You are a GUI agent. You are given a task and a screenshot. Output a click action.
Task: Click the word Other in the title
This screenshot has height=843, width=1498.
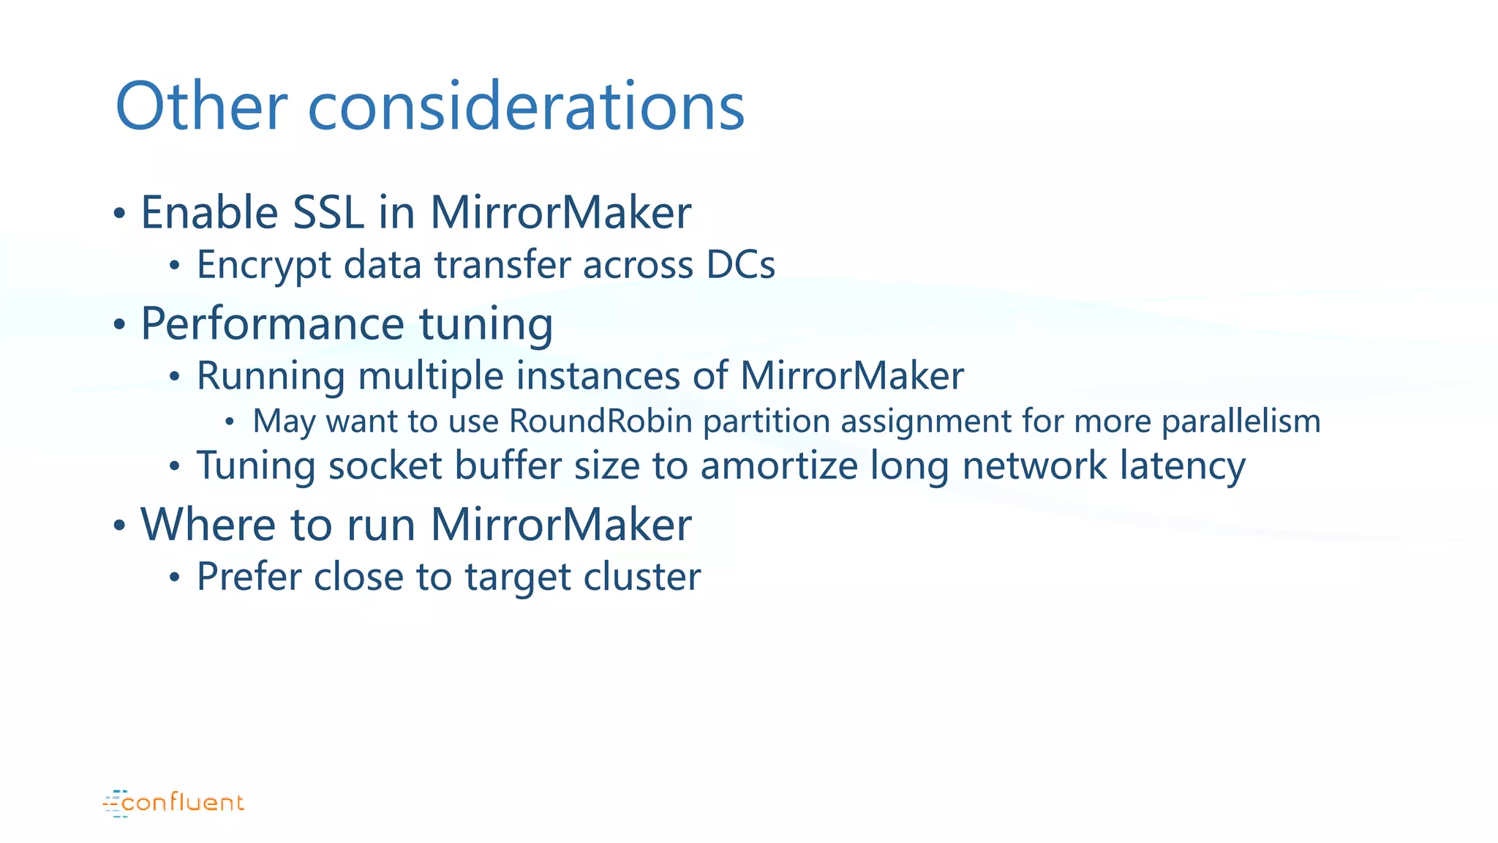[x=201, y=107]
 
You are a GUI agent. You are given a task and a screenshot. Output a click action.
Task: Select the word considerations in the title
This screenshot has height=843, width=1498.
[x=526, y=107]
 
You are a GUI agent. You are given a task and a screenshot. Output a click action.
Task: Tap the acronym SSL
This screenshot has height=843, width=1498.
[x=328, y=213]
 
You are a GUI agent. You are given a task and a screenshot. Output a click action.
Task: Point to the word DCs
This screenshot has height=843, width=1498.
[x=740, y=265]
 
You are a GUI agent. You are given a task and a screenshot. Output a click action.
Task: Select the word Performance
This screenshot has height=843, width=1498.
[x=272, y=324]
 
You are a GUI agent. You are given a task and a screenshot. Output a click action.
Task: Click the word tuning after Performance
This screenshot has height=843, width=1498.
[x=486, y=324]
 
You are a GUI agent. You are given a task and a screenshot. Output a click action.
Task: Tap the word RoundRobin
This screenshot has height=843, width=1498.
[x=601, y=421]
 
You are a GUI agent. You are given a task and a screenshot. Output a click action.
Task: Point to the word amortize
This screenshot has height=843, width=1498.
[x=779, y=466]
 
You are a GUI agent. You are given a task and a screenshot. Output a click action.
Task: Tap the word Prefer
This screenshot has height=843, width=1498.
[x=249, y=577]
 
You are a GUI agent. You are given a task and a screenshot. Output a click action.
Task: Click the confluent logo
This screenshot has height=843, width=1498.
[x=174, y=803]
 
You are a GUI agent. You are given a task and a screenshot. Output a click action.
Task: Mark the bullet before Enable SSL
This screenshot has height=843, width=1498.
[x=120, y=214]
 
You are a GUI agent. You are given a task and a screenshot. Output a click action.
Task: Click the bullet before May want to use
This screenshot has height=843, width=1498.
[x=230, y=422]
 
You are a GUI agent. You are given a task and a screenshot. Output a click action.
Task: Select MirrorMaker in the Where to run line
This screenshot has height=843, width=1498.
[x=560, y=525]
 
